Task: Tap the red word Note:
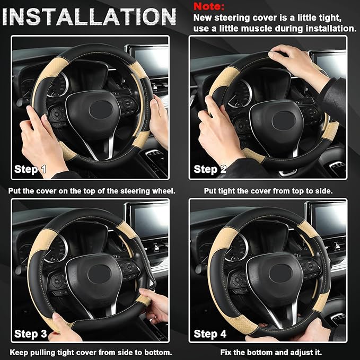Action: coord(209,7)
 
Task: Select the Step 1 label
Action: coord(30,170)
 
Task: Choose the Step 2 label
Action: coord(210,170)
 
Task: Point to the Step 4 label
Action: coord(210,333)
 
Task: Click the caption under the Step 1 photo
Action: coord(92,190)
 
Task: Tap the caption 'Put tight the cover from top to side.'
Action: coord(268,190)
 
